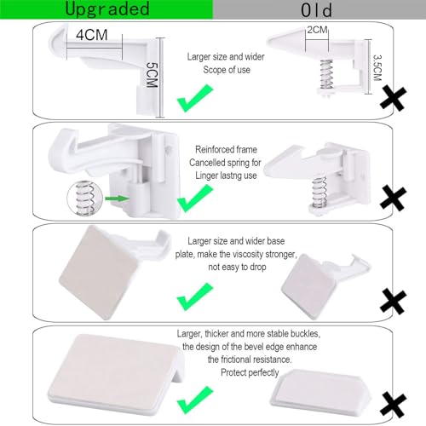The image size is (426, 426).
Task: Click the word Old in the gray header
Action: [319, 9]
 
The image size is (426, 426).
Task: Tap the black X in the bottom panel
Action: [394, 401]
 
